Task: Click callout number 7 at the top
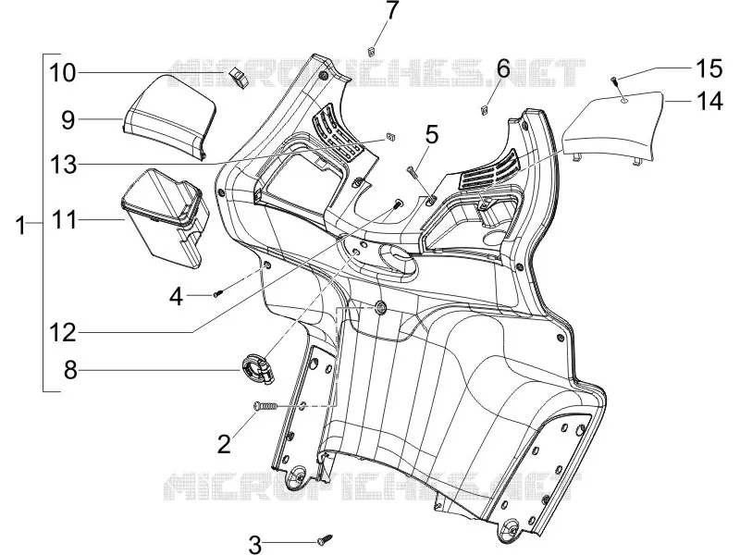click(391, 10)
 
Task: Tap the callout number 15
click(708, 68)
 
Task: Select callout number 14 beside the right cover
click(709, 102)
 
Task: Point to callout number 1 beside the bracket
click(20, 226)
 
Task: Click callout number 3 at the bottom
click(254, 545)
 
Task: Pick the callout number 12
click(63, 333)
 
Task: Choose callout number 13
click(63, 165)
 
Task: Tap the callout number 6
click(503, 68)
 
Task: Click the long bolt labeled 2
click(266, 406)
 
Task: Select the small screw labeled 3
click(326, 538)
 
